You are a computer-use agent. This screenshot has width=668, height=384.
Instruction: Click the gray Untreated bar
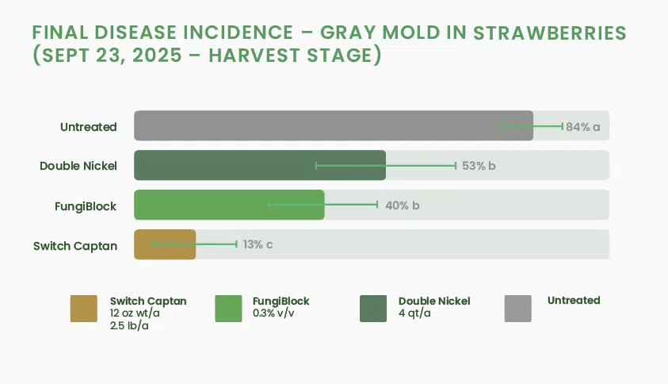[x=334, y=125]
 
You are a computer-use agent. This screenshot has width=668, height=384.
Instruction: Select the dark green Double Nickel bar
[x=260, y=165]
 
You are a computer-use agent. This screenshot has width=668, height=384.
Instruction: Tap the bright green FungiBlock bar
[x=229, y=205]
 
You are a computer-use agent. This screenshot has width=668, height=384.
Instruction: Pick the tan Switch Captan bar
[x=165, y=244]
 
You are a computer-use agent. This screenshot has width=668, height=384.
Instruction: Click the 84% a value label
[x=582, y=127]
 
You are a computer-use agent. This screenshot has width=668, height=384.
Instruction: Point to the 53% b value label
[x=479, y=166]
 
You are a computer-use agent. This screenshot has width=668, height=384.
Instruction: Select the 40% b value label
[x=403, y=205]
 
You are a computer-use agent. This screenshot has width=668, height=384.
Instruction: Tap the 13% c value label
[x=258, y=244]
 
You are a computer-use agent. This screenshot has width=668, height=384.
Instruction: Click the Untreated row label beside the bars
[x=88, y=127]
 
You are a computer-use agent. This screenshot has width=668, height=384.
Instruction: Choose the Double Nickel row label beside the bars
[x=78, y=166]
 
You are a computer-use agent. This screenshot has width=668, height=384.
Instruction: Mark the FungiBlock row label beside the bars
[x=86, y=206]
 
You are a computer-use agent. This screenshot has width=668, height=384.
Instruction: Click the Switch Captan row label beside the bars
[x=75, y=246]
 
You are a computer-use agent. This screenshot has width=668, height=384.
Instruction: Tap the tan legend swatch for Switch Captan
[x=84, y=309]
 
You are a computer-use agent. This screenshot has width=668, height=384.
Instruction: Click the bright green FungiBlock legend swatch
[x=228, y=309]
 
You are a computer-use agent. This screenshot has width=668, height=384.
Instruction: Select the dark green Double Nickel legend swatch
[x=373, y=309]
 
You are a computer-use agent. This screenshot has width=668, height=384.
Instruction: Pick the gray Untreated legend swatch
[x=518, y=309]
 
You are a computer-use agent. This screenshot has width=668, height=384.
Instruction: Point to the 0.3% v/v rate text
[x=273, y=313]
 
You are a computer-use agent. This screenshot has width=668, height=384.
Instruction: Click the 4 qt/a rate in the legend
[x=414, y=313]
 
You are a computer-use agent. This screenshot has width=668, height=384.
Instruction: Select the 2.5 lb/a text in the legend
[x=129, y=326]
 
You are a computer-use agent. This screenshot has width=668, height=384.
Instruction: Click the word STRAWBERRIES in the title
[x=550, y=33]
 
